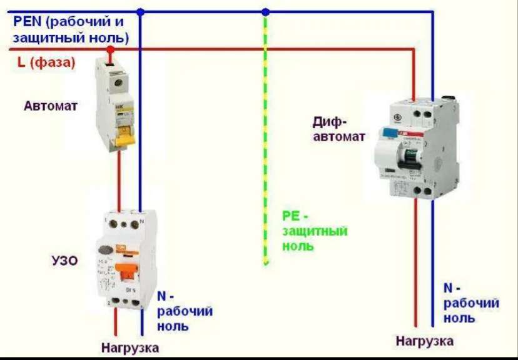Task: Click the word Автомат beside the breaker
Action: click(x=51, y=106)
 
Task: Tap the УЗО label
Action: click(x=64, y=260)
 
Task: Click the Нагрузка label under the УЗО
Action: click(x=130, y=347)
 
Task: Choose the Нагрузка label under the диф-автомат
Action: click(x=424, y=341)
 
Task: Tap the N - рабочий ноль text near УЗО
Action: click(x=185, y=311)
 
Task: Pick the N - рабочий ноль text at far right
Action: click(x=471, y=303)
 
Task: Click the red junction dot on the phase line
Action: click(x=110, y=49)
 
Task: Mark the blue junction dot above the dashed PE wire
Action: click(x=265, y=11)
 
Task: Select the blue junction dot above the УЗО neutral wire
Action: click(x=140, y=11)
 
